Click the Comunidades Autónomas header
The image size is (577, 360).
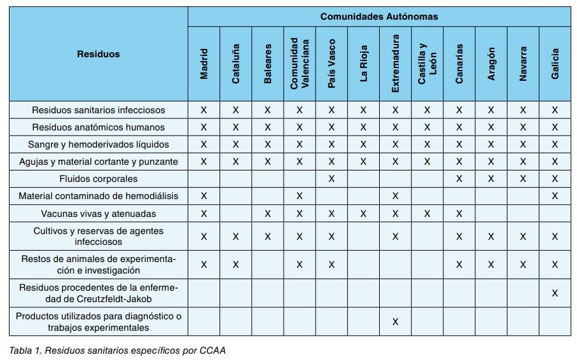click(x=379, y=17)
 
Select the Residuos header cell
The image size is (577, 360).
click(x=99, y=54)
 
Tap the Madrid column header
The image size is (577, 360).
click(x=204, y=64)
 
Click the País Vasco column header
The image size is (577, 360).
click(x=331, y=64)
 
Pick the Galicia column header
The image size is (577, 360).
click(x=555, y=64)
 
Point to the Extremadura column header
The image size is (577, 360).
click(x=395, y=64)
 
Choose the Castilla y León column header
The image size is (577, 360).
click(x=427, y=64)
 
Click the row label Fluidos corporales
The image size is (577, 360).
click(x=99, y=179)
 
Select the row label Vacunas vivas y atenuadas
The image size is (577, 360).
click(x=99, y=213)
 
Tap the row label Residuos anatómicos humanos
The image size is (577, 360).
click(x=99, y=127)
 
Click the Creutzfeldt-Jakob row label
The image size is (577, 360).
click(x=99, y=293)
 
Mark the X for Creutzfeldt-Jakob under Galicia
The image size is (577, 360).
click(x=555, y=293)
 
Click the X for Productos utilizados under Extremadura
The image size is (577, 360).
click(x=395, y=322)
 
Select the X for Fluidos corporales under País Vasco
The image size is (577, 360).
click(x=331, y=179)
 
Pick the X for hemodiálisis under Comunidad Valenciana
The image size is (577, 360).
click(x=300, y=196)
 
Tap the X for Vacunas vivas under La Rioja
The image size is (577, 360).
click(x=363, y=213)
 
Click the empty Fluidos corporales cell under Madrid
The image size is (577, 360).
click(x=204, y=179)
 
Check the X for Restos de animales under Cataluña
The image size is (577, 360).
click(x=236, y=265)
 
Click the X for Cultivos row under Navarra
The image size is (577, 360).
click(x=523, y=237)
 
